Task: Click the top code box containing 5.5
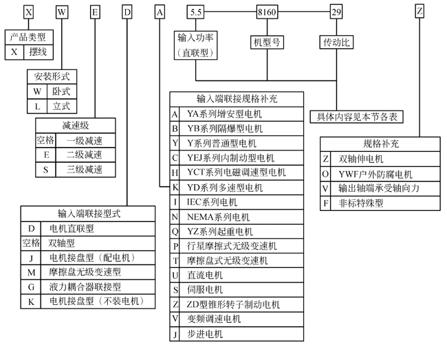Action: pos(196,12)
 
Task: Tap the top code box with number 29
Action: pos(336,12)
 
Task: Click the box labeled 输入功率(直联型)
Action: pos(196,45)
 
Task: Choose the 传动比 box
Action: pos(336,43)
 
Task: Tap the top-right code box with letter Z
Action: pos(419,12)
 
